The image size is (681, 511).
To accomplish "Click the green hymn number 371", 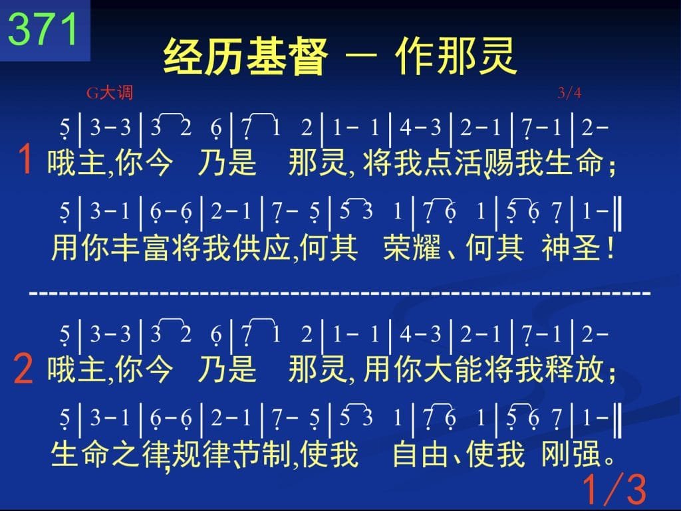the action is [x=43, y=29].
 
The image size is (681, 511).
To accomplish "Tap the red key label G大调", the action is [x=110, y=93].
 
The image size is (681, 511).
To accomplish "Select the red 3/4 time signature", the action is [x=569, y=92].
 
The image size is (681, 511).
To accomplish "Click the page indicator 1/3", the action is [x=614, y=489].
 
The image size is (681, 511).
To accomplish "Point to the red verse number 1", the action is [x=25, y=159].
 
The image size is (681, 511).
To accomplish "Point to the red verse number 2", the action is [x=23, y=369].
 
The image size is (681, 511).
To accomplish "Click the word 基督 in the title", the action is [x=287, y=56].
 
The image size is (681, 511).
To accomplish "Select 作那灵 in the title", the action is [x=456, y=56].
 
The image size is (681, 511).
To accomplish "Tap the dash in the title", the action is [x=361, y=55].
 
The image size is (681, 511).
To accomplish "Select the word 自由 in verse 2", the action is [x=420, y=454].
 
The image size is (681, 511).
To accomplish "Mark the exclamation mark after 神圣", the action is [x=611, y=249].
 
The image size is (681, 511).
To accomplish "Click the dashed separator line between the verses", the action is [x=340, y=294].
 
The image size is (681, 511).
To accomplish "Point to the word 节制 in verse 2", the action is [x=261, y=454].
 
